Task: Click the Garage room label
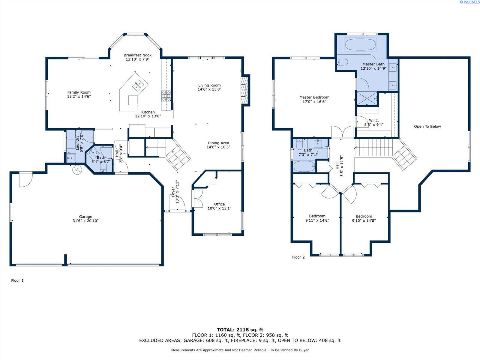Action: tap(85, 217)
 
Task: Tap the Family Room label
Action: tap(79, 92)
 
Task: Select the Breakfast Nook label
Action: tap(137, 55)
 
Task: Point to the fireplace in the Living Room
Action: tap(244, 90)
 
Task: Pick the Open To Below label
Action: tap(427, 126)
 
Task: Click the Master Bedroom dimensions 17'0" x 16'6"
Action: tap(314, 102)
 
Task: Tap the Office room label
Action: tap(219, 204)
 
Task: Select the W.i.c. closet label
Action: tap(374, 120)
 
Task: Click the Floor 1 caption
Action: tap(17, 280)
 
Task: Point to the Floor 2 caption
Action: tap(298, 257)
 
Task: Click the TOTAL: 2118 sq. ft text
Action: tap(240, 330)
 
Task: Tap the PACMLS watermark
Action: tap(469, 2)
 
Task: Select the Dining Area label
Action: tap(218, 143)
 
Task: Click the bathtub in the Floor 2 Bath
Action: tap(304, 166)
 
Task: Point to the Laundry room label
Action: tap(77, 142)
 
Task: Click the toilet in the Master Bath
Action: tap(342, 62)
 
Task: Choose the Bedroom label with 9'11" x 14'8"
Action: tap(317, 216)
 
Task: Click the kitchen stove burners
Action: tap(166, 96)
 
